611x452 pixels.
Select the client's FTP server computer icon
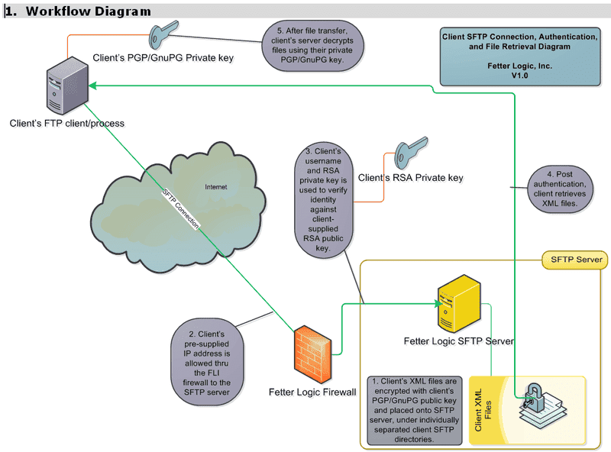coord(65,89)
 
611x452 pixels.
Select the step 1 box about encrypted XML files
coord(413,409)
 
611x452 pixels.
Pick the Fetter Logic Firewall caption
coord(312,392)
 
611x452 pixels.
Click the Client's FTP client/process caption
coord(66,122)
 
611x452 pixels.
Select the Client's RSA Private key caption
coord(411,177)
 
